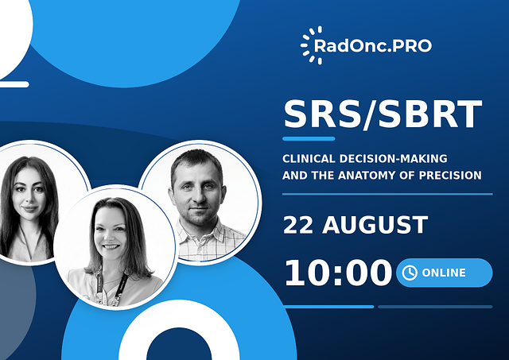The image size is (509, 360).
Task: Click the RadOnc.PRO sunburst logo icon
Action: [x=311, y=45]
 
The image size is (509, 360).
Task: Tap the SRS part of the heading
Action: [x=322, y=114]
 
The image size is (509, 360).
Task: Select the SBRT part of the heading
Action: [x=430, y=114]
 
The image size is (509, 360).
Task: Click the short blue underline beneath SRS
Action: [x=309, y=139]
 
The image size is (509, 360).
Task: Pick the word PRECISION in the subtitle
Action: [x=450, y=176]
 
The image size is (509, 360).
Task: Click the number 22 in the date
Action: [x=298, y=225]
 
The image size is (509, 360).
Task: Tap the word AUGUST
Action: [x=375, y=225]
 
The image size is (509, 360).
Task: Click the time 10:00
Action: [x=338, y=273]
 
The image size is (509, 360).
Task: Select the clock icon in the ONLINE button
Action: [x=410, y=273]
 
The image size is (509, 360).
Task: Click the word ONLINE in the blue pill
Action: [x=444, y=273]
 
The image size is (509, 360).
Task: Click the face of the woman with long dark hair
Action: [x=29, y=194]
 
